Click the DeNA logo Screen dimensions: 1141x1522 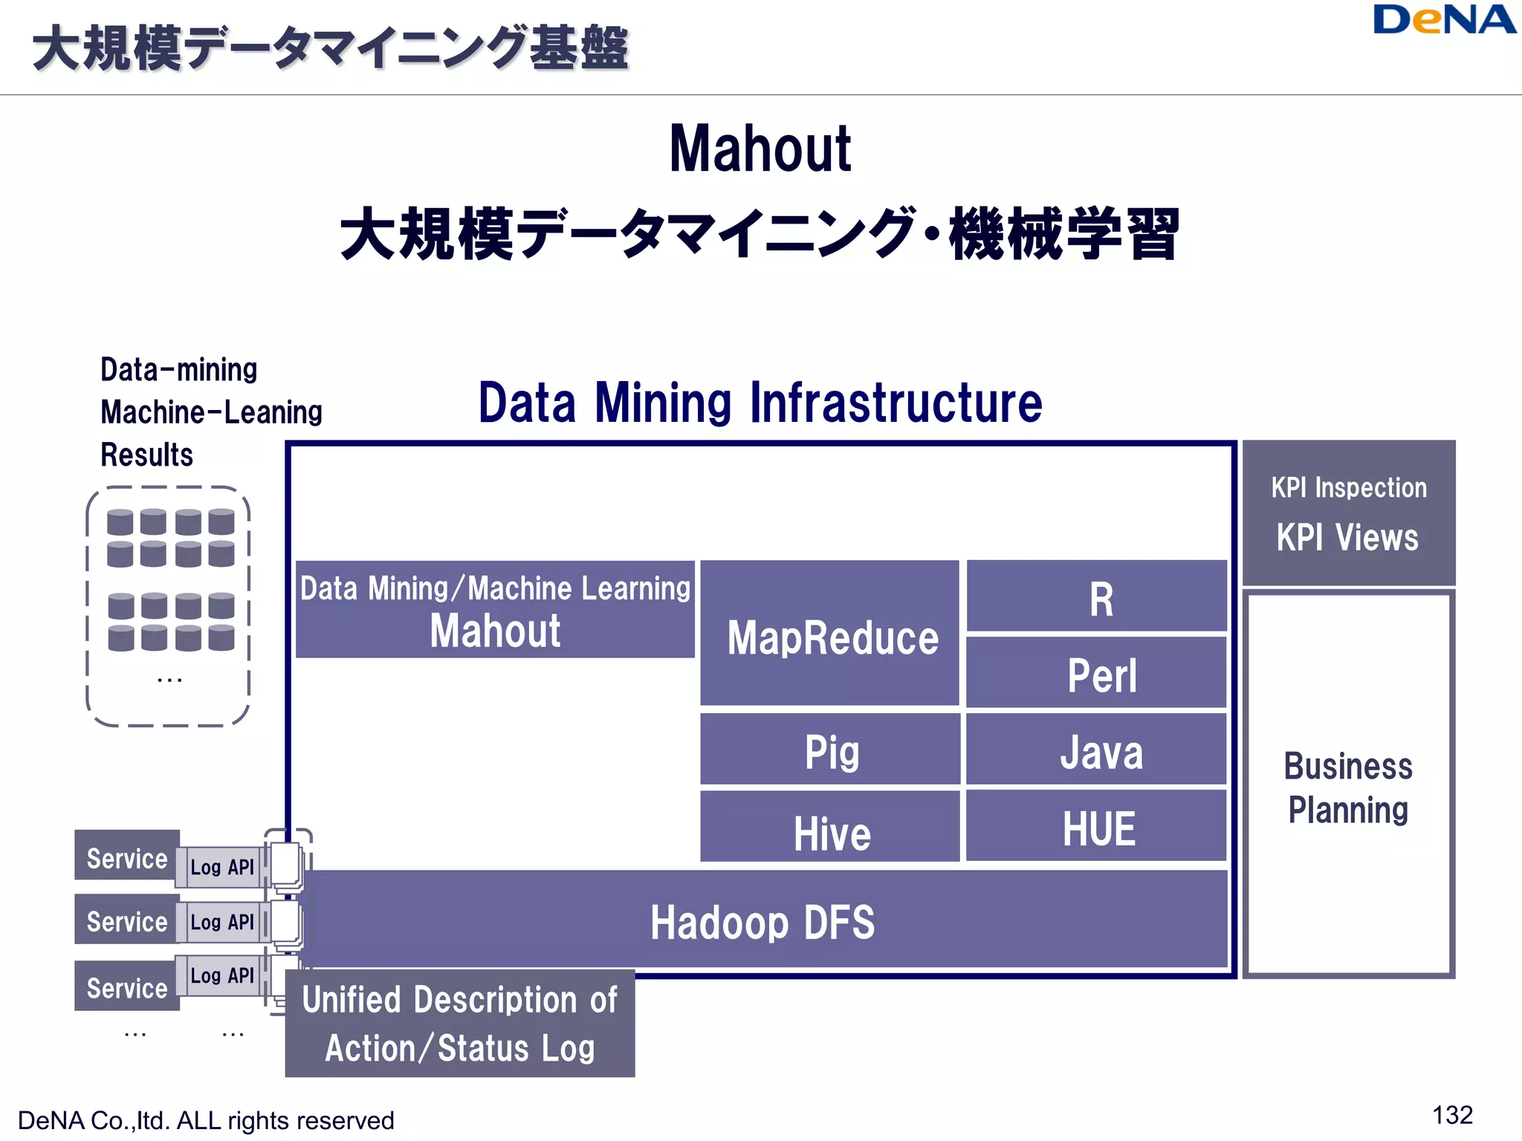point(1443,20)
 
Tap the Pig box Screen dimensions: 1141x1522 point(830,750)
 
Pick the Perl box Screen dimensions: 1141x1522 point(1097,673)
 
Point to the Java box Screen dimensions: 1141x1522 point(1097,750)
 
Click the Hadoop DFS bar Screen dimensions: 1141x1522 point(762,920)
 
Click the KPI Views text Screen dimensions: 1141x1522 point(1347,538)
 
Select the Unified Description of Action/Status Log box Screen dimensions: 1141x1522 point(460,1024)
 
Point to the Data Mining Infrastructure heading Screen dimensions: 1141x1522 point(760,403)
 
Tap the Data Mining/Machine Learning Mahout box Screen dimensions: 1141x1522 point(495,610)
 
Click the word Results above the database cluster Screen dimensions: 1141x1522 point(147,455)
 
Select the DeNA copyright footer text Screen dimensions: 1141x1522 point(206,1120)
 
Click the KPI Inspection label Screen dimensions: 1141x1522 point(1348,488)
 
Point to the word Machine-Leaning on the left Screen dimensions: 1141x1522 point(211,412)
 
